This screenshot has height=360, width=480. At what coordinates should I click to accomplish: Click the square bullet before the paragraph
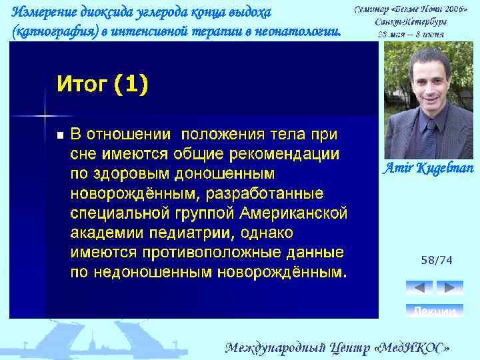[60, 135]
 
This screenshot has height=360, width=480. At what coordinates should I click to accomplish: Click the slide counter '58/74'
[436, 261]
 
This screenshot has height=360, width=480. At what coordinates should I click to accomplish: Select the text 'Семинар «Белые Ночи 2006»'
[411, 11]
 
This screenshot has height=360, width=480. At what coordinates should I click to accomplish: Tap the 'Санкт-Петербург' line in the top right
[411, 21]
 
